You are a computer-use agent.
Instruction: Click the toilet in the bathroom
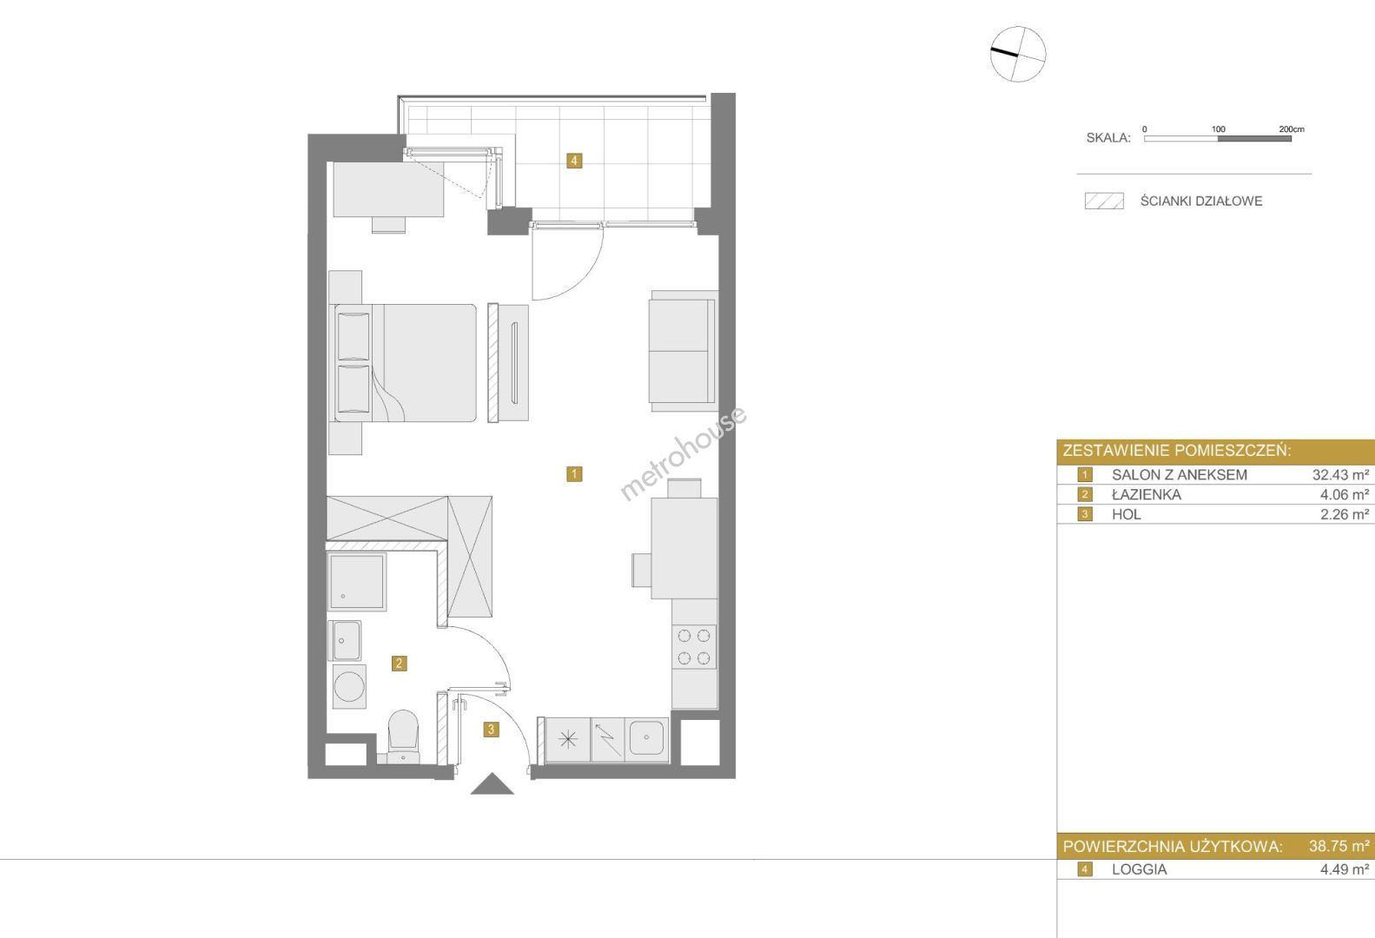403,737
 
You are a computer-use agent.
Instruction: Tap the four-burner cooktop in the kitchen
694,647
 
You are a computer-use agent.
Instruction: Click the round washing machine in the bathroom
349,686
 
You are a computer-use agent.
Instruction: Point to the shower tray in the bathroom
357,581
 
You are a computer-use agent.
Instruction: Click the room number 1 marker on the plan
574,474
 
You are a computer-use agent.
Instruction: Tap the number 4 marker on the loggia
574,161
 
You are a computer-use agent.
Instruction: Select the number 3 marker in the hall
491,730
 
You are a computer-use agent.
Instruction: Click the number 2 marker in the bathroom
399,663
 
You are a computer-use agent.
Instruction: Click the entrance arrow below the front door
492,784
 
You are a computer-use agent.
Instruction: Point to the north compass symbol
1018,54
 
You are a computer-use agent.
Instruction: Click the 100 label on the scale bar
1219,129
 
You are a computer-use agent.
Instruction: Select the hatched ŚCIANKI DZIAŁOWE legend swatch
1104,201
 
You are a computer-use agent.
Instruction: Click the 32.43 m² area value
1340,474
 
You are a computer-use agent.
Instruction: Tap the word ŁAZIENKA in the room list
1146,494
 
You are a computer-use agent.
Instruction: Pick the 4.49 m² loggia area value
1345,869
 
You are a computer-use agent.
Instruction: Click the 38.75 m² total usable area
1339,846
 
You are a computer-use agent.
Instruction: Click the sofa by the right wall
684,351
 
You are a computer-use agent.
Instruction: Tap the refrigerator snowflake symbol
568,740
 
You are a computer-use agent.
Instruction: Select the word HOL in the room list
1127,514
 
